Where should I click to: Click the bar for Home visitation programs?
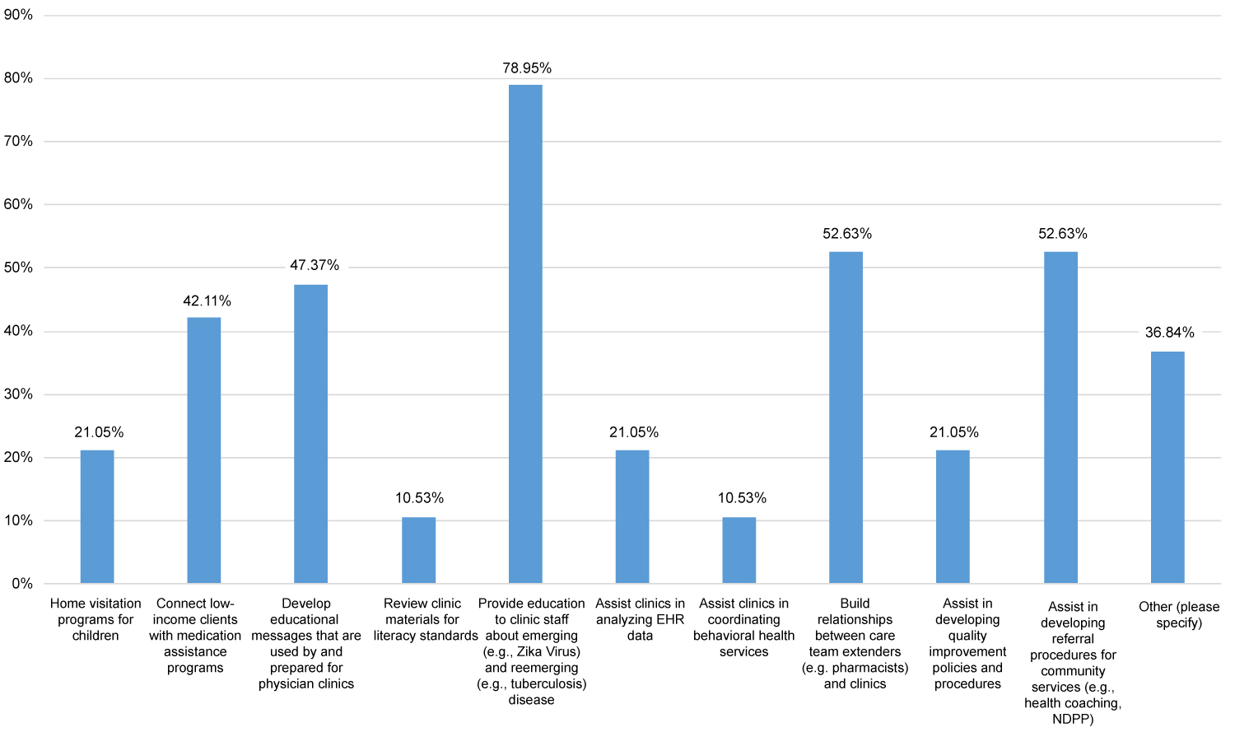tap(97, 517)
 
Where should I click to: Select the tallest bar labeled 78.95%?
tap(525, 334)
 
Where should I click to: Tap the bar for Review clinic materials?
tap(418, 550)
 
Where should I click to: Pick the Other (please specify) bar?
tap(1167, 468)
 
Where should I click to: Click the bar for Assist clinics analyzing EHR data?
tap(632, 517)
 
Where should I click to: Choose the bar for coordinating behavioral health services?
tap(739, 550)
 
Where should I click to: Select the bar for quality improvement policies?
tap(953, 517)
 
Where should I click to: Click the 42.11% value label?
tap(207, 301)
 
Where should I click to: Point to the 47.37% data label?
tap(315, 266)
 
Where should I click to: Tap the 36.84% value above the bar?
tap(1169, 333)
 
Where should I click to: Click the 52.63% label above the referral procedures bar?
tap(1062, 234)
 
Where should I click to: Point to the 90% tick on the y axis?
tap(18, 15)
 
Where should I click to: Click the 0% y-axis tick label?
tap(22, 584)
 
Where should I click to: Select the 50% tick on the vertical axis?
tap(18, 268)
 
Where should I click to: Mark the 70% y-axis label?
tap(18, 142)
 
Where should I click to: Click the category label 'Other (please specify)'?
tap(1179, 615)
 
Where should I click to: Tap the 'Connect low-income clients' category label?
tap(195, 636)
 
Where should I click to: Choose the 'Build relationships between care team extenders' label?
tap(855, 644)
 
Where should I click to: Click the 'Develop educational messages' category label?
tap(306, 644)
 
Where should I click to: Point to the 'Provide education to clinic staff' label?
tap(532, 652)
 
